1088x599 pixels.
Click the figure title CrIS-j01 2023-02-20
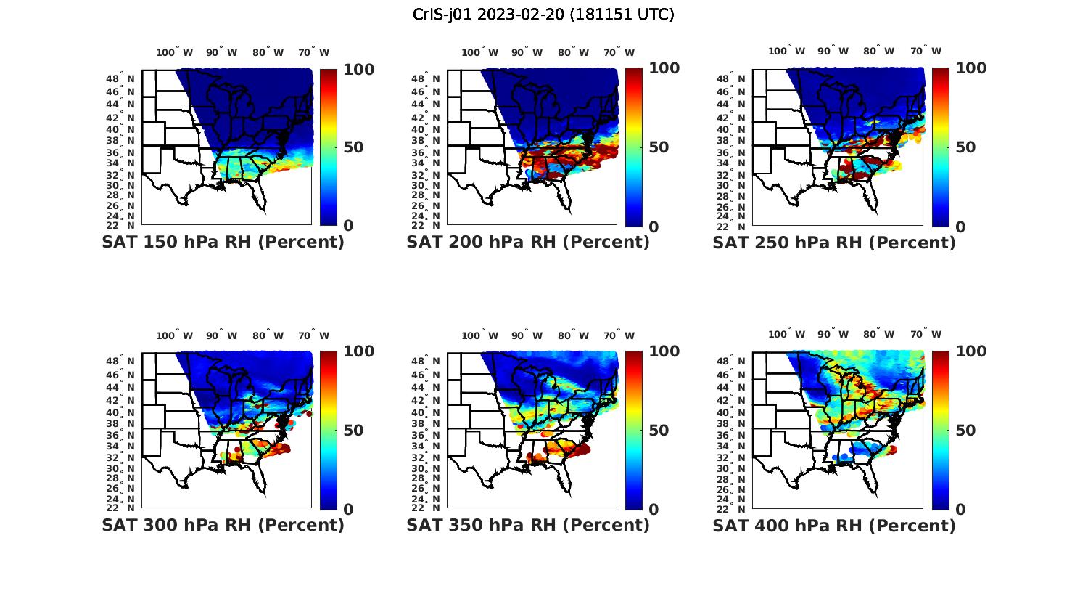543,15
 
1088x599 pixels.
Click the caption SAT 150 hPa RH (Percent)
223,243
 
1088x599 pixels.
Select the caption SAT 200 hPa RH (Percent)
528,243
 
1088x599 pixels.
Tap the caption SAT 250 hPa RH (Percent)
834,243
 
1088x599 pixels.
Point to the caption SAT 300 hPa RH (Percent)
223,525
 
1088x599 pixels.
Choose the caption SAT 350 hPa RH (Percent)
528,525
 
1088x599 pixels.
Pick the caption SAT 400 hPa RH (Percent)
834,525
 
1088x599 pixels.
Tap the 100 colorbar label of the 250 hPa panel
970,68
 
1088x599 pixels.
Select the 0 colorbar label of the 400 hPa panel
961,510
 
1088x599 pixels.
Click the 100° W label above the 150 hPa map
175,52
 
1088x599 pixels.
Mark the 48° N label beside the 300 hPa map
126,362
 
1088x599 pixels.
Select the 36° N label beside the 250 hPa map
737,152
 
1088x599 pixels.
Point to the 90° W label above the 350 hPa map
527,335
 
